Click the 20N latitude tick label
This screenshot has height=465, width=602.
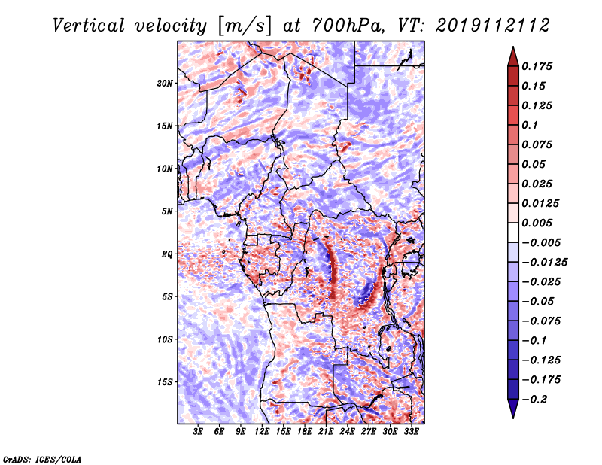(165, 83)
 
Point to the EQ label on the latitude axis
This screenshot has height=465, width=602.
(167, 254)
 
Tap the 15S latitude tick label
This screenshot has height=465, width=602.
(165, 382)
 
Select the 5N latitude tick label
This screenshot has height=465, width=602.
(167, 211)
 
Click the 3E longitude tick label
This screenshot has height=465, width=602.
(198, 432)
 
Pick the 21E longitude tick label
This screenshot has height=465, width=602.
(326, 432)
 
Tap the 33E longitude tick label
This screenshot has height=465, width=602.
(411, 432)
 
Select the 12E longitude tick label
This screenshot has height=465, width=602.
(261, 432)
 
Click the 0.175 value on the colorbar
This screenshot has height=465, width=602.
(537, 66)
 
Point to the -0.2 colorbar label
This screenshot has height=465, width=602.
(534, 400)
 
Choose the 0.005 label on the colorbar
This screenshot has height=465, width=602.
(537, 223)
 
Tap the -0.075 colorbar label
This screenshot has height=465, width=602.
(541, 321)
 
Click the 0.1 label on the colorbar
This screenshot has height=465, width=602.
(530, 125)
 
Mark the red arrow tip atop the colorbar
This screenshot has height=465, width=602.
(513, 47)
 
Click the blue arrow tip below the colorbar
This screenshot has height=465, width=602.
(513, 418)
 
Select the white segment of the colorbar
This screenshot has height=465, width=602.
(513, 232)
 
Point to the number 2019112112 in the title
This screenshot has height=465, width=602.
(493, 26)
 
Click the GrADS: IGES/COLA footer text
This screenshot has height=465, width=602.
(42, 459)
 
